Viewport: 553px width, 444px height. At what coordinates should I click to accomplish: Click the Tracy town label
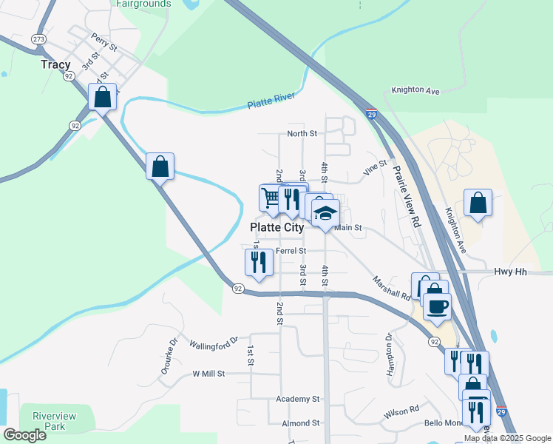coord(56,64)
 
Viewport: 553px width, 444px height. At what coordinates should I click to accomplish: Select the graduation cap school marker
coord(325,214)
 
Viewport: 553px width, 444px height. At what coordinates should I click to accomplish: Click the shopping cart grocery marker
coord(271,197)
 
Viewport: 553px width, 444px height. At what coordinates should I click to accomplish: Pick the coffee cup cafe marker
coord(438,305)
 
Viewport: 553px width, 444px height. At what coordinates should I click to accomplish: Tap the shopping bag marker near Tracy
coord(102,96)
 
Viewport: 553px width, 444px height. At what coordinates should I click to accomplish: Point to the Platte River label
coord(271,101)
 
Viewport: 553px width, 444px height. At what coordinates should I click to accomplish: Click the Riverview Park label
coord(49,421)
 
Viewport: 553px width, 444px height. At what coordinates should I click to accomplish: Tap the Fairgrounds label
coord(143,4)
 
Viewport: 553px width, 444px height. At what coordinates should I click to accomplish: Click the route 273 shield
coord(39,38)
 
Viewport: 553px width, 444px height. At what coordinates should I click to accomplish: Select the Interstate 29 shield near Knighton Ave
coord(372,115)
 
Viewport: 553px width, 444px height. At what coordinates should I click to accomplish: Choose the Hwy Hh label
coord(510,272)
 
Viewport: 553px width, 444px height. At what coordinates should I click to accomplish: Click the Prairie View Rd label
coord(406,195)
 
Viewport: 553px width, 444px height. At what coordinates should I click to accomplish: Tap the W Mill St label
coord(208,374)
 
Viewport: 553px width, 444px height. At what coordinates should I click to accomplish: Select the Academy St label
coord(297,399)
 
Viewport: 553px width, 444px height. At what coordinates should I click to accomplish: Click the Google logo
coord(24,435)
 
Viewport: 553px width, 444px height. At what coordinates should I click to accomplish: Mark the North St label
coord(302,134)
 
